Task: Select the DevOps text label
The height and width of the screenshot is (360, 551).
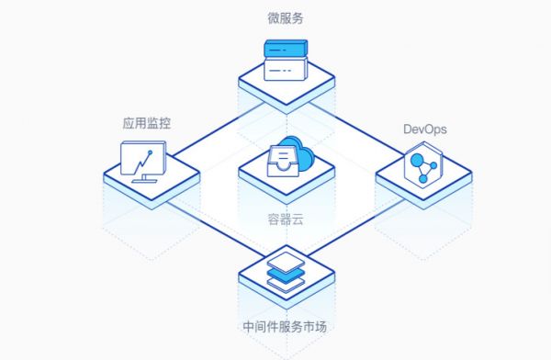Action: coord(424,129)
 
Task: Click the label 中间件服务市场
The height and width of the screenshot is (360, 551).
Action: coord(284,326)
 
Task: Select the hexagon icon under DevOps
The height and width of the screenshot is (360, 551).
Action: coord(423,169)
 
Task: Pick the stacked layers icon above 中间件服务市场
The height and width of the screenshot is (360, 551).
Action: coord(284,268)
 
